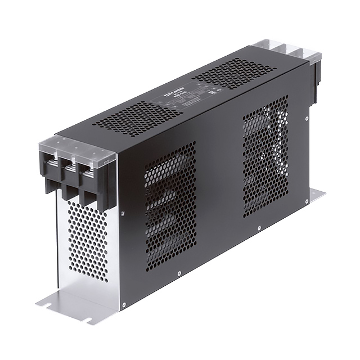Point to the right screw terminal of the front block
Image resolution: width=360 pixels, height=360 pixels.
pyautogui.click(x=89, y=169)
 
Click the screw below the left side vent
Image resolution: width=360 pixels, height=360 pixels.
pyautogui.click(x=179, y=274)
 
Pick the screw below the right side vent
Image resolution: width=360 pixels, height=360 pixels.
pyautogui.click(x=258, y=228)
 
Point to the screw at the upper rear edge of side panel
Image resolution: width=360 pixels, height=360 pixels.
pyautogui.click(x=306, y=119)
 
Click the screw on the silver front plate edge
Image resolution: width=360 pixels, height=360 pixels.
pyautogui.click(x=120, y=212)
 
